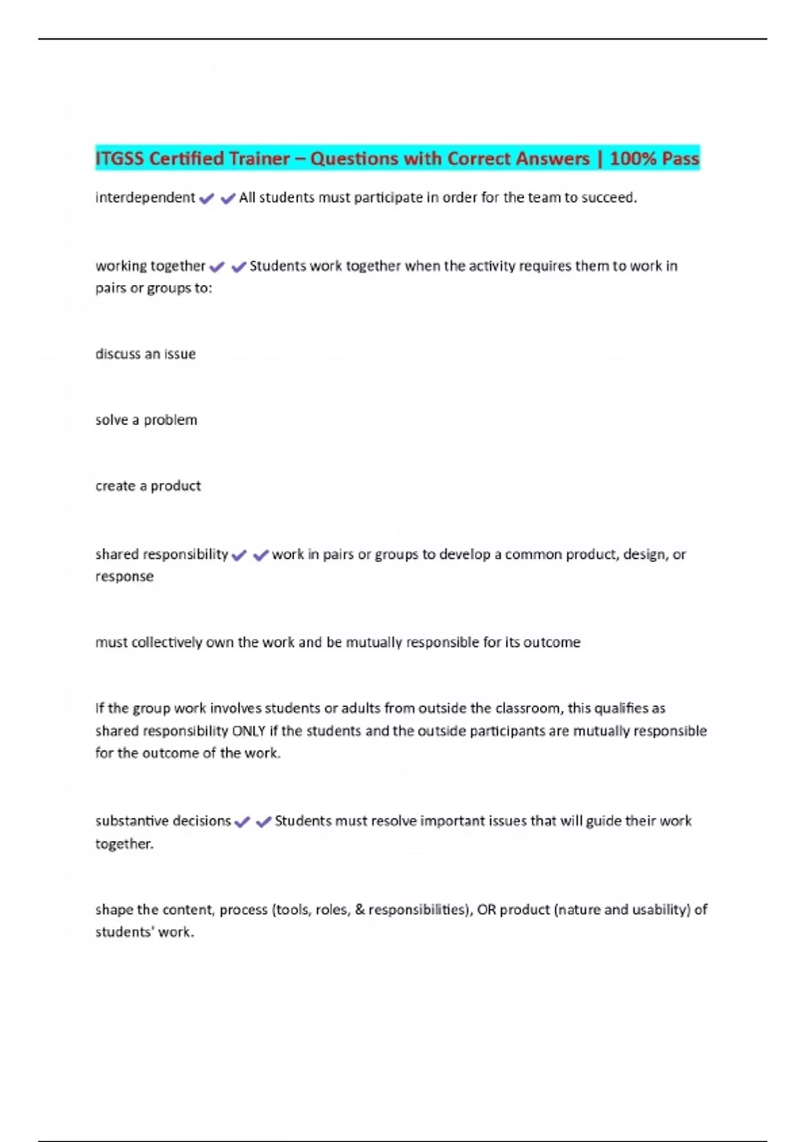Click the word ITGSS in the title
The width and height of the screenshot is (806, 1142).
[x=120, y=159]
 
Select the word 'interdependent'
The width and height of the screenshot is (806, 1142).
[x=145, y=197]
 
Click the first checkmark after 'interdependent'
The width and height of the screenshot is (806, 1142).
[x=207, y=198]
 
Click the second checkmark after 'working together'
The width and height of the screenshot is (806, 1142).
[x=238, y=267]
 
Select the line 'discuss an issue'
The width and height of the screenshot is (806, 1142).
[x=145, y=354]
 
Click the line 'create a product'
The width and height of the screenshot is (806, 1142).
[x=148, y=486]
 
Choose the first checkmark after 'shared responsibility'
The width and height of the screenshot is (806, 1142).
[x=238, y=556]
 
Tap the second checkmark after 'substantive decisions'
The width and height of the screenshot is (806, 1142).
[x=263, y=822]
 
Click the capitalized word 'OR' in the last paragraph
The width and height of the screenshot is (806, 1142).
[x=486, y=910]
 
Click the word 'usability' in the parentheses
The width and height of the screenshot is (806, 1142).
[x=661, y=910]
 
